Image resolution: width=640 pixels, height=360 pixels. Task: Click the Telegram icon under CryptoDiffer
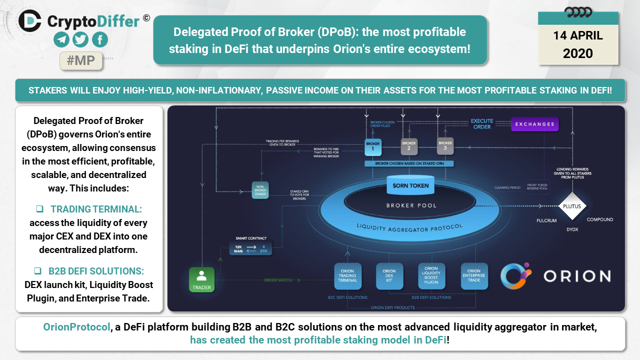(x=62, y=39)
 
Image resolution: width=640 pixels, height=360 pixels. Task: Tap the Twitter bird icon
(x=80, y=39)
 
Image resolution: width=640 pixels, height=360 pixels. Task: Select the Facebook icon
(x=99, y=39)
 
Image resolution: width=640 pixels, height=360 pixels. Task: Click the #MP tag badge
(x=81, y=60)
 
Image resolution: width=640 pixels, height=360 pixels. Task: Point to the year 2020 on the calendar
(x=578, y=53)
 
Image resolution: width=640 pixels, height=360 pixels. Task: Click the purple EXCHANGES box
(x=534, y=124)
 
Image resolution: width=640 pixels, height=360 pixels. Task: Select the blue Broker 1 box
(x=373, y=146)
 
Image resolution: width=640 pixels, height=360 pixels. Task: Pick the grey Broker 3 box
(x=445, y=145)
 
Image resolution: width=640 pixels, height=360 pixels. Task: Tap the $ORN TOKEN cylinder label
(x=410, y=186)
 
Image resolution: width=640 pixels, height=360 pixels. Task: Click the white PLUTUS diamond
(x=572, y=206)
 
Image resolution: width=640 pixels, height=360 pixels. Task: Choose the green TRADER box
(x=201, y=279)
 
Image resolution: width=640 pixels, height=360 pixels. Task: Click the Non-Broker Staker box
(x=259, y=190)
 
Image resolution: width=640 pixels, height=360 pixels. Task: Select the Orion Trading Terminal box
(x=347, y=276)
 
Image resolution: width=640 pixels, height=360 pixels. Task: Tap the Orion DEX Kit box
(x=389, y=276)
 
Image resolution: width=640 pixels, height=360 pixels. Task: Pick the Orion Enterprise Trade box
(x=473, y=276)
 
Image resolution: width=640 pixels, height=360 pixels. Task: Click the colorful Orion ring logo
(x=515, y=275)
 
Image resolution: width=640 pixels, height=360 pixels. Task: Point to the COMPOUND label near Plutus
(x=599, y=219)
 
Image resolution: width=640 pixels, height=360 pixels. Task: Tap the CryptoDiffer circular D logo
(x=30, y=20)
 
